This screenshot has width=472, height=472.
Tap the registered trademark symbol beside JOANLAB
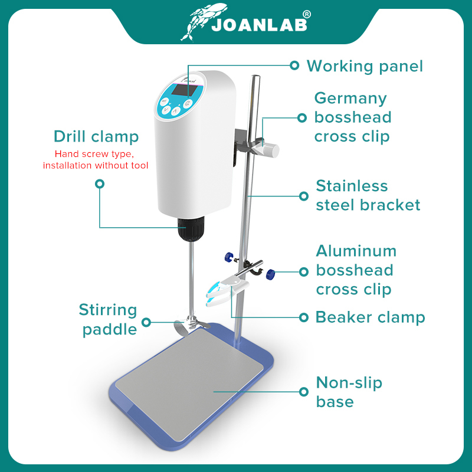click(306, 14)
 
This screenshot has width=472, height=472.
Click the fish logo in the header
click(202, 22)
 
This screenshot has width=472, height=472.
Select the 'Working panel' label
click(365, 66)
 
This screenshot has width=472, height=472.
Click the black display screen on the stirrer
click(185, 90)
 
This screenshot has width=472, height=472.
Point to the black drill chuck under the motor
click(191, 228)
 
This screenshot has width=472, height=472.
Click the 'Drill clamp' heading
click(96, 136)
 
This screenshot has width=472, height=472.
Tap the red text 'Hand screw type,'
click(94, 154)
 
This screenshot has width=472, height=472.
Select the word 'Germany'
click(350, 99)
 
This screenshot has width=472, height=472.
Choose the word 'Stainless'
click(352, 186)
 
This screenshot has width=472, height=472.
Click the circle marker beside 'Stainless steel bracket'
click(304, 196)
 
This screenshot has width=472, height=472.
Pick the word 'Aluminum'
click(356, 251)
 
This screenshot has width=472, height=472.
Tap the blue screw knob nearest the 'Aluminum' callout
click(271, 274)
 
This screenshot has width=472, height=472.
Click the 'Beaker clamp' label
click(370, 317)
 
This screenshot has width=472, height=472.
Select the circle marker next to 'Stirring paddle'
click(146, 322)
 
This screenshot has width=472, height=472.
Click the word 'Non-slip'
click(349, 383)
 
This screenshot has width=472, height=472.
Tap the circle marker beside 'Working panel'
click(294, 65)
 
